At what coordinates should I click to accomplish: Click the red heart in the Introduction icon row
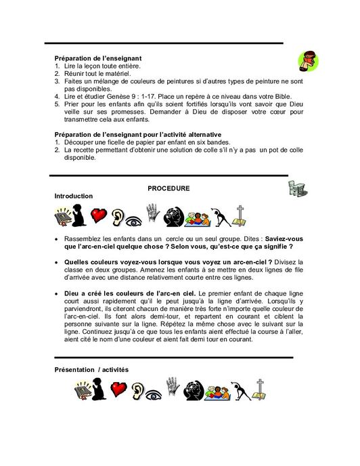pos(101,216)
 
